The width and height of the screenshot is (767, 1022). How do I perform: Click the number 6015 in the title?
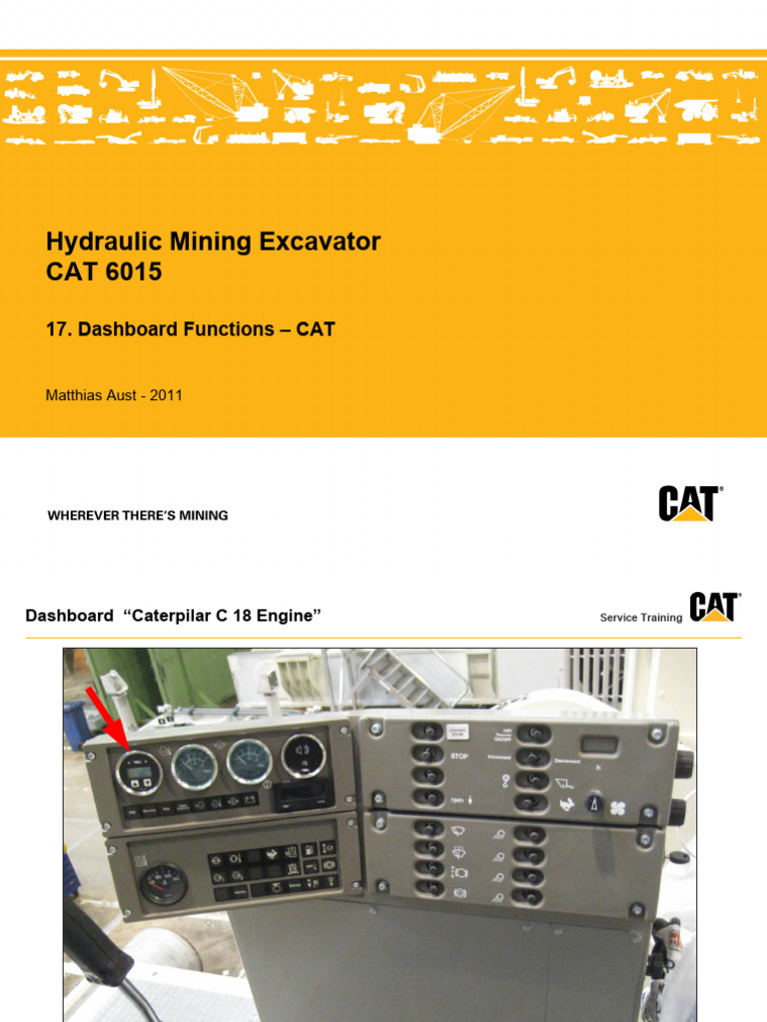pyautogui.click(x=133, y=271)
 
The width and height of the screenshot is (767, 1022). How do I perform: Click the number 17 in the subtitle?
pyautogui.click(x=56, y=329)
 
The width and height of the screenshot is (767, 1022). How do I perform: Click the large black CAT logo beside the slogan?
pyautogui.click(x=689, y=503)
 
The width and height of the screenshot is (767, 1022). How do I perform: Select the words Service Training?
pyautogui.click(x=640, y=618)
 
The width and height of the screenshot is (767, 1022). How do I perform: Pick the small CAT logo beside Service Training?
pyautogui.click(x=713, y=607)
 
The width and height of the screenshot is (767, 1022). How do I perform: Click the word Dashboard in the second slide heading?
pyautogui.click(x=69, y=616)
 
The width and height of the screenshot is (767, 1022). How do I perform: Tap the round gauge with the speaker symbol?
pyautogui.click(x=304, y=756)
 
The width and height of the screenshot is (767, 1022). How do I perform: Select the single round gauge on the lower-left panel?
pyautogui.click(x=162, y=883)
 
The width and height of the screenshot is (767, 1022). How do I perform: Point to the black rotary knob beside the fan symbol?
pyautogui.click(x=595, y=801)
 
